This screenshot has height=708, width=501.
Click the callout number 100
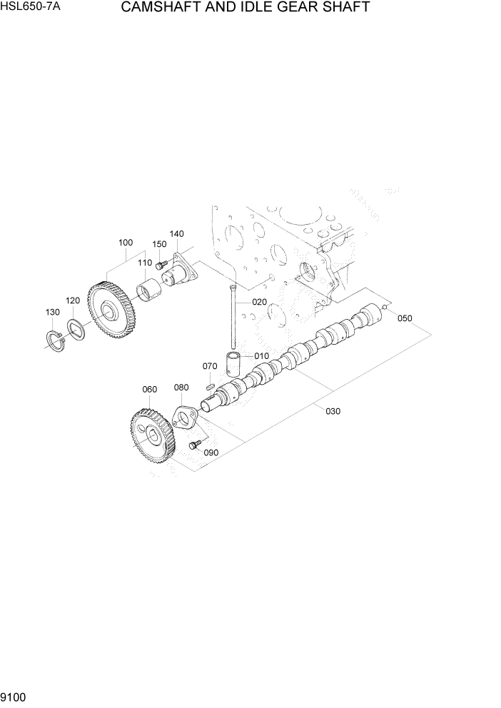[126, 243]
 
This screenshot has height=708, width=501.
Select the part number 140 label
[176, 233]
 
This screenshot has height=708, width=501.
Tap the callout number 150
[159, 244]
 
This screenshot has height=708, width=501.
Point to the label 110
[145, 263]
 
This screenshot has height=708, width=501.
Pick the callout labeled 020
[259, 302]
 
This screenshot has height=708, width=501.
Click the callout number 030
[333, 410]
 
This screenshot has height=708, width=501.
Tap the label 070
[209, 366]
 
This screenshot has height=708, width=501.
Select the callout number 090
[211, 452]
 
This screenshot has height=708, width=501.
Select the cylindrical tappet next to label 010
[236, 365]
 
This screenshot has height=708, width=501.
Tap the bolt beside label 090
[193, 445]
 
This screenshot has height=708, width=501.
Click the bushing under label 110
[149, 292]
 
